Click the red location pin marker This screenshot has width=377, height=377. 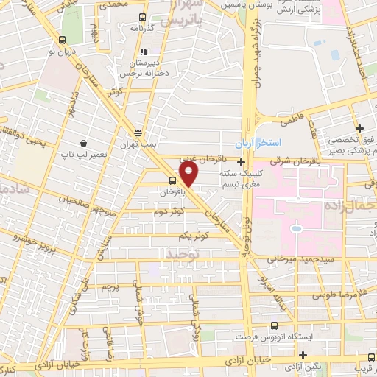click(x=190, y=174)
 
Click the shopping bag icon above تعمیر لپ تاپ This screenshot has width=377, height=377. click(x=84, y=142)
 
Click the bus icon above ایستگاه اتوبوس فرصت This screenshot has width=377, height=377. click(x=274, y=325)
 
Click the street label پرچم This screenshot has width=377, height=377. click(x=108, y=283)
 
